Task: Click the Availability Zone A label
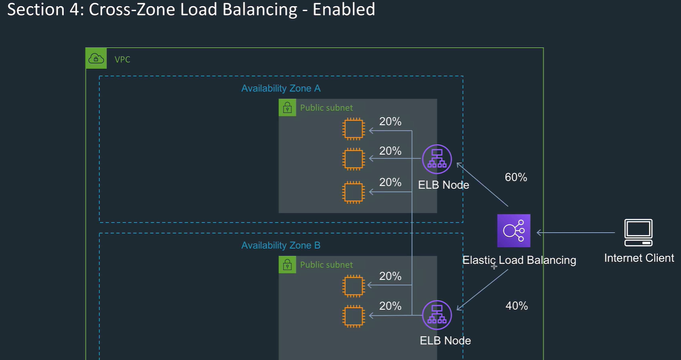281,89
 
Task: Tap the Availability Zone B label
281,245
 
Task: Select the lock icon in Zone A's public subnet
287,108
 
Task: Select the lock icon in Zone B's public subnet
287,265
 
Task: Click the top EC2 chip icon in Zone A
353,129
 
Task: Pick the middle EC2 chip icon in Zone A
353,159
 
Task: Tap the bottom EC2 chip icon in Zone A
353,192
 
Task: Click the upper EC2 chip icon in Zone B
353,286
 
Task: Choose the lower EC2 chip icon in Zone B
353,316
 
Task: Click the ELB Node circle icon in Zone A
437,159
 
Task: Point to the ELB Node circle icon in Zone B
437,315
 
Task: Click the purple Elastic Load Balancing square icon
514,231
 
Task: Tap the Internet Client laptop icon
638,233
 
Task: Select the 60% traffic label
516,177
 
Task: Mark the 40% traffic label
516,306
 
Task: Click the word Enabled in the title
343,9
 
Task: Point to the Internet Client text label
639,258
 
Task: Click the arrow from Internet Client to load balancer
576,233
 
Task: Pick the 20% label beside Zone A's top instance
390,122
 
